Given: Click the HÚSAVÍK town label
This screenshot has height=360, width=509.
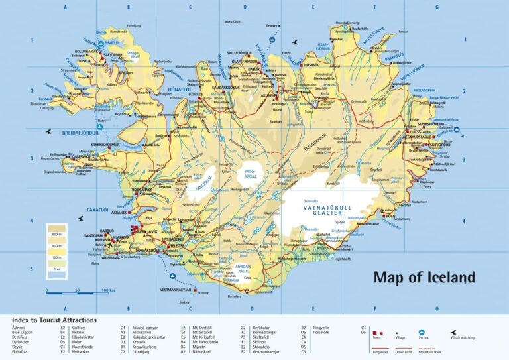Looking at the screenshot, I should click(x=311, y=65).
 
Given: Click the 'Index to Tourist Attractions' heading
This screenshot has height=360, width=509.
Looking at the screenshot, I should click(x=54, y=320).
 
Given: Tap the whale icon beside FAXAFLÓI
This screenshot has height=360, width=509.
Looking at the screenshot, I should click(x=80, y=217).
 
